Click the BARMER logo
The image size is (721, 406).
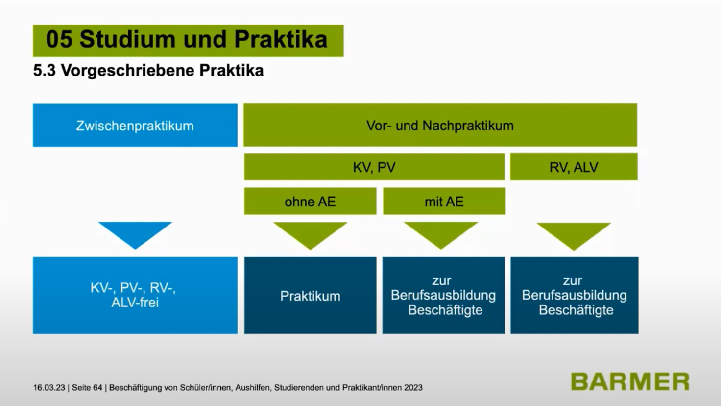(630, 382)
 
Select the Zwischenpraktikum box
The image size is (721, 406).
(135, 125)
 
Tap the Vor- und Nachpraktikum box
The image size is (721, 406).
(440, 125)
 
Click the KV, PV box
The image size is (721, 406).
(374, 167)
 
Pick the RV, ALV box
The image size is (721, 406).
(574, 167)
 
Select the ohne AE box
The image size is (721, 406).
(310, 201)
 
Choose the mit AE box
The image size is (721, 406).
(444, 201)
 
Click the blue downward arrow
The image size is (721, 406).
(135, 233)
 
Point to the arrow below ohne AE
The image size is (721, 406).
(310, 234)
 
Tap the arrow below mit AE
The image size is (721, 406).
(441, 234)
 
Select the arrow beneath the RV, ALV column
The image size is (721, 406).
(574, 235)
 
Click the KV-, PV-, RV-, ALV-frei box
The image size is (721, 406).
(135, 295)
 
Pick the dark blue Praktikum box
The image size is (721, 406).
(310, 295)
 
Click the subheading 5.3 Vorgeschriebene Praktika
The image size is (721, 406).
(148, 70)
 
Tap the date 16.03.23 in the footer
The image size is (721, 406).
(49, 388)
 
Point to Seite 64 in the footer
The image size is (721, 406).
(87, 388)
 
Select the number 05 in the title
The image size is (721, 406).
(59, 40)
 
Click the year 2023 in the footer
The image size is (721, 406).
(413, 388)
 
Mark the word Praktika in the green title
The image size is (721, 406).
(281, 40)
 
